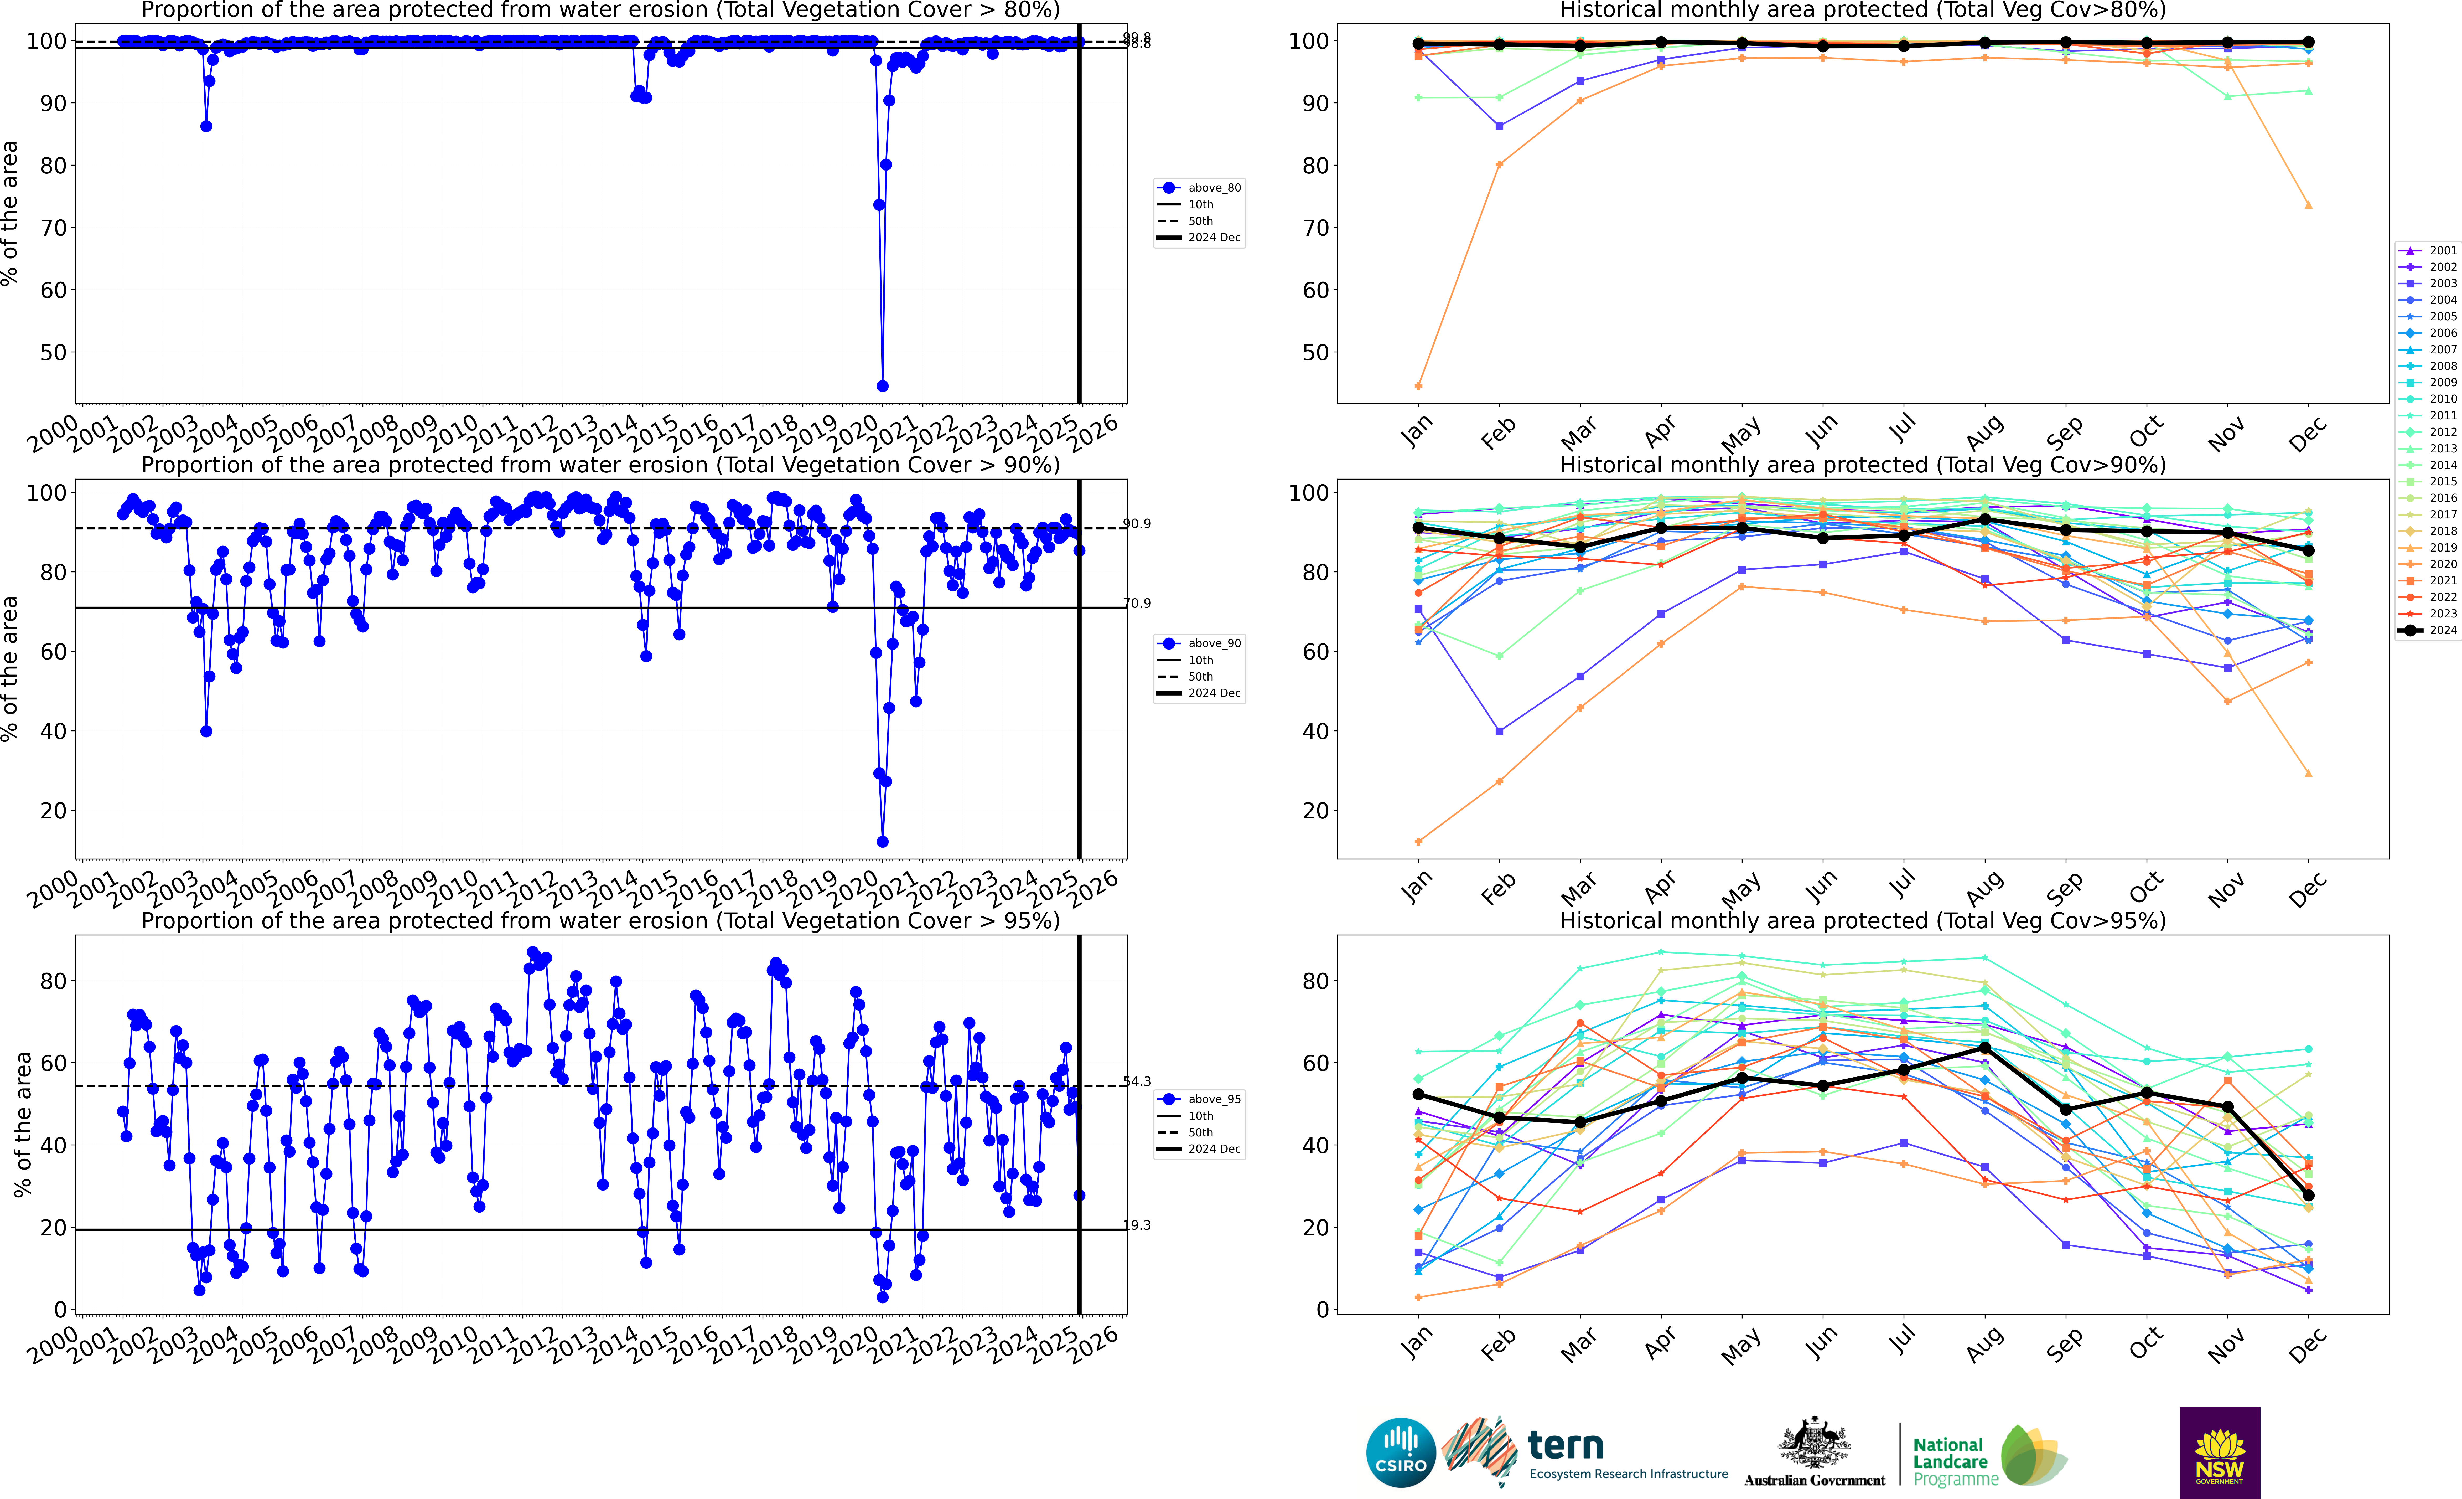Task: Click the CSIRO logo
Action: pos(1400,1452)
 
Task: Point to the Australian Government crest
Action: pos(1813,1444)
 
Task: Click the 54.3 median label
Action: pos(1137,1081)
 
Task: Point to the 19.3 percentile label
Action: pos(1137,1225)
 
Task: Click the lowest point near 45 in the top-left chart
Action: pos(882,386)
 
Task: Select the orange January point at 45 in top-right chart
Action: pos(1419,386)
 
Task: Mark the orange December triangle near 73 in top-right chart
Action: pos(2308,205)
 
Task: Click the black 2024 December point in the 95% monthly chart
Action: pos(2308,1195)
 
